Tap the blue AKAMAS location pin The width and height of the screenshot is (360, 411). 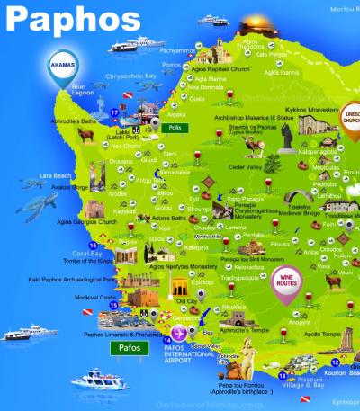point(63,65)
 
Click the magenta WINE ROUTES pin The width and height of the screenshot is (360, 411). point(287,281)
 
